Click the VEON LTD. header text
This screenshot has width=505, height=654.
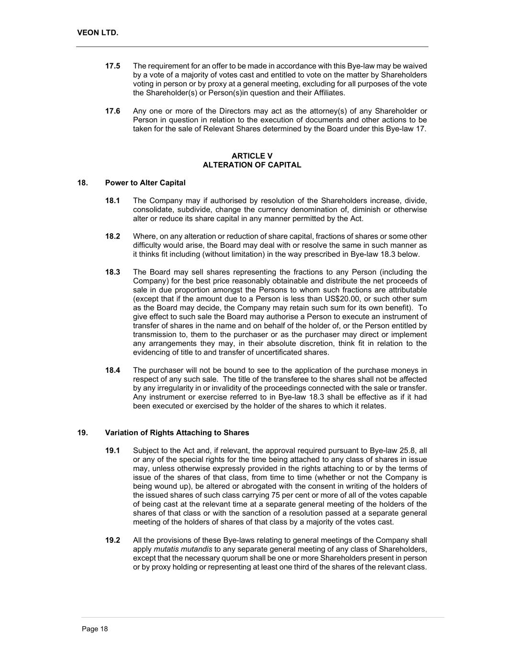pyautogui.click(x=97, y=33)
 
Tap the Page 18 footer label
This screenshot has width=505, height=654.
pyautogui.click(x=95, y=629)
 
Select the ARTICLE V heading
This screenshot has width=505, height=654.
pyautogui.click(x=252, y=156)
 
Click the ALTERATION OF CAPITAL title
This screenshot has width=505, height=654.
pyautogui.click(x=252, y=165)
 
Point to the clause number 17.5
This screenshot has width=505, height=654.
pyautogui.click(x=112, y=66)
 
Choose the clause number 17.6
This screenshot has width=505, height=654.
pyautogui.click(x=112, y=111)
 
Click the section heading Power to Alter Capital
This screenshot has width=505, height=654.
pyautogui.click(x=145, y=183)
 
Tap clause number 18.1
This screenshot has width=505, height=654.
pyautogui.click(x=112, y=201)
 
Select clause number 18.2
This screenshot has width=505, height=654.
pyautogui.click(x=112, y=236)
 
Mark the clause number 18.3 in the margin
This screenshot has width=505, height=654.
pyautogui.click(x=112, y=272)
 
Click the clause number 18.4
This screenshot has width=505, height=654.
pyautogui.click(x=112, y=370)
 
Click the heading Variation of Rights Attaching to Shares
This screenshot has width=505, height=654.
pyautogui.click(x=177, y=433)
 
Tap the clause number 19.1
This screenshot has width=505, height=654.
pyautogui.click(x=112, y=450)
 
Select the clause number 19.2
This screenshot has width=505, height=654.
pyautogui.click(x=112, y=540)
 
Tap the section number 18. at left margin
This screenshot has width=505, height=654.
pyautogui.click(x=82, y=183)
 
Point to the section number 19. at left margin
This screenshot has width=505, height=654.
pyautogui.click(x=82, y=433)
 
